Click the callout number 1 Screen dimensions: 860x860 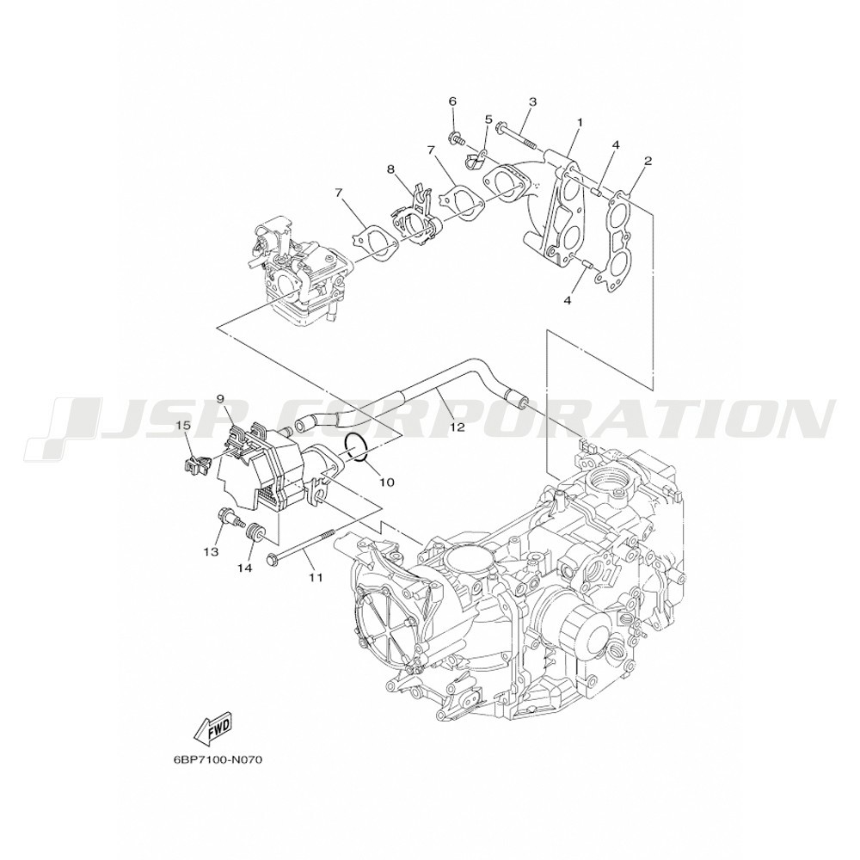580,120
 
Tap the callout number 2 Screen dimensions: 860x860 648,161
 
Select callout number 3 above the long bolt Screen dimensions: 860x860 532,101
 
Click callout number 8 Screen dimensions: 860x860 390,169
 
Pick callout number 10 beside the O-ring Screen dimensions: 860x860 387,482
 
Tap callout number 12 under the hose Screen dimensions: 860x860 458,427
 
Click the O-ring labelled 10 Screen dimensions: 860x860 357,449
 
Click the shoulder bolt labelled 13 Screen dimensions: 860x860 225,518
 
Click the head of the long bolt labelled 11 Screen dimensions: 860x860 272,560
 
